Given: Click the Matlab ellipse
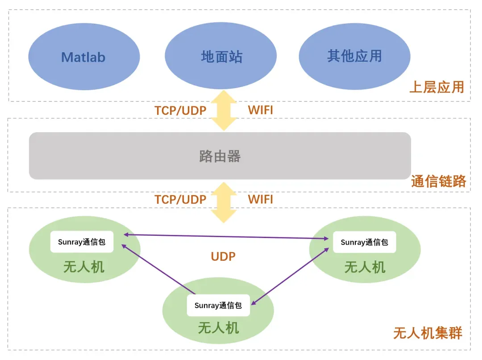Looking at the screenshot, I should coord(84,57).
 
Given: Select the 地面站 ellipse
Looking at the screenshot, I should coord(221,57).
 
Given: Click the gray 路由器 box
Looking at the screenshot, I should coord(220,156).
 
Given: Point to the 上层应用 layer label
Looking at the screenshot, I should coord(436,87).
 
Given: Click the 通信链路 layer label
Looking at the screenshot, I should coord(438,181).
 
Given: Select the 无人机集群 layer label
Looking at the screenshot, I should coord(428,333).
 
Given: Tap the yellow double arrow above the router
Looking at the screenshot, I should coord(224,110).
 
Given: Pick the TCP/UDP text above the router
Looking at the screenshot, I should coord(180,110).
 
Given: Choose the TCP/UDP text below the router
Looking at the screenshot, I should coord(180,199).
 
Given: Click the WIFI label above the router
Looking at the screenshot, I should coord(260,110).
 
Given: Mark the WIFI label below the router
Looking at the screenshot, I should coord(260,199).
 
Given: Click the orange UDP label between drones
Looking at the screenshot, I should coord(223,256).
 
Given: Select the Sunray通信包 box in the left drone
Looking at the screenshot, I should coord(82,242).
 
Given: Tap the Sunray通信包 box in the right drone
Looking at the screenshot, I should coord(364,242).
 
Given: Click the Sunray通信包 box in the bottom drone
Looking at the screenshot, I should coord(218,306).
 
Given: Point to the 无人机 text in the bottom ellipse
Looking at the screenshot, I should coord(218,328).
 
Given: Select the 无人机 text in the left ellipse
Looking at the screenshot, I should coord(84,267).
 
